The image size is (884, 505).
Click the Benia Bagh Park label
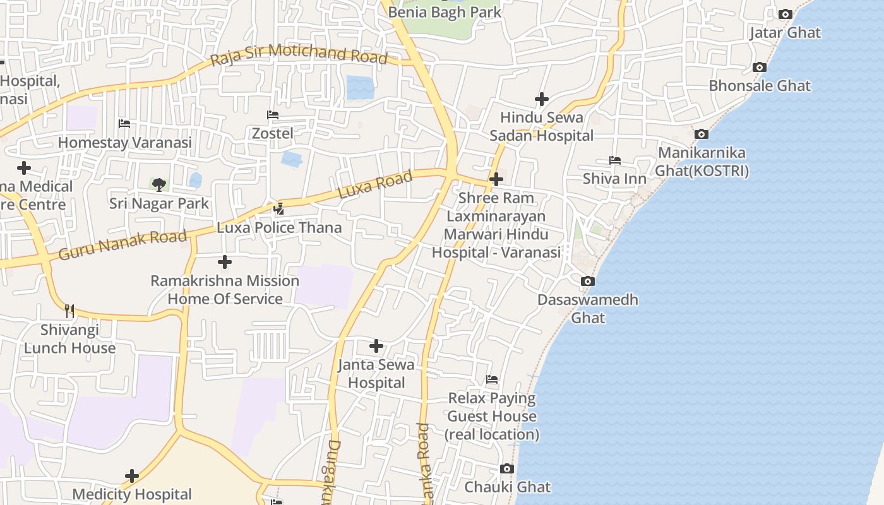445,12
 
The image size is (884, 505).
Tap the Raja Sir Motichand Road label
299,55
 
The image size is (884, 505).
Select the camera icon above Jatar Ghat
785,14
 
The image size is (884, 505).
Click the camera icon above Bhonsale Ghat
760,67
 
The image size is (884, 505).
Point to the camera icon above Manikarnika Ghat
701,134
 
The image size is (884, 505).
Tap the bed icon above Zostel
273,115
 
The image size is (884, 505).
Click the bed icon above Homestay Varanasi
124,124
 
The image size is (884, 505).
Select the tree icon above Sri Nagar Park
159,184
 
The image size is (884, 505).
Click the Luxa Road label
375,184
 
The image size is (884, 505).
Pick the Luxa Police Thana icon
278,208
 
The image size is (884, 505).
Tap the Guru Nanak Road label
122,245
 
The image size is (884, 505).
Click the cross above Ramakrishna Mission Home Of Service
224,261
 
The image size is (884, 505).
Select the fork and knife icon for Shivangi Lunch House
69,311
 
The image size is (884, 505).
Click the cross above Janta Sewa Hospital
376,345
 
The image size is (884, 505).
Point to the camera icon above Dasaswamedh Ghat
587,281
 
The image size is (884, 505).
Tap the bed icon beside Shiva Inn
614,160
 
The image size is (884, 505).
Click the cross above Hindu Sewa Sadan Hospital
541,99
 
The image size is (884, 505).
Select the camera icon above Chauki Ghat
506,468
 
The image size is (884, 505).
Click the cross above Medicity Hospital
132,475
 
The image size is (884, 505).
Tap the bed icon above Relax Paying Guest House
492,379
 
